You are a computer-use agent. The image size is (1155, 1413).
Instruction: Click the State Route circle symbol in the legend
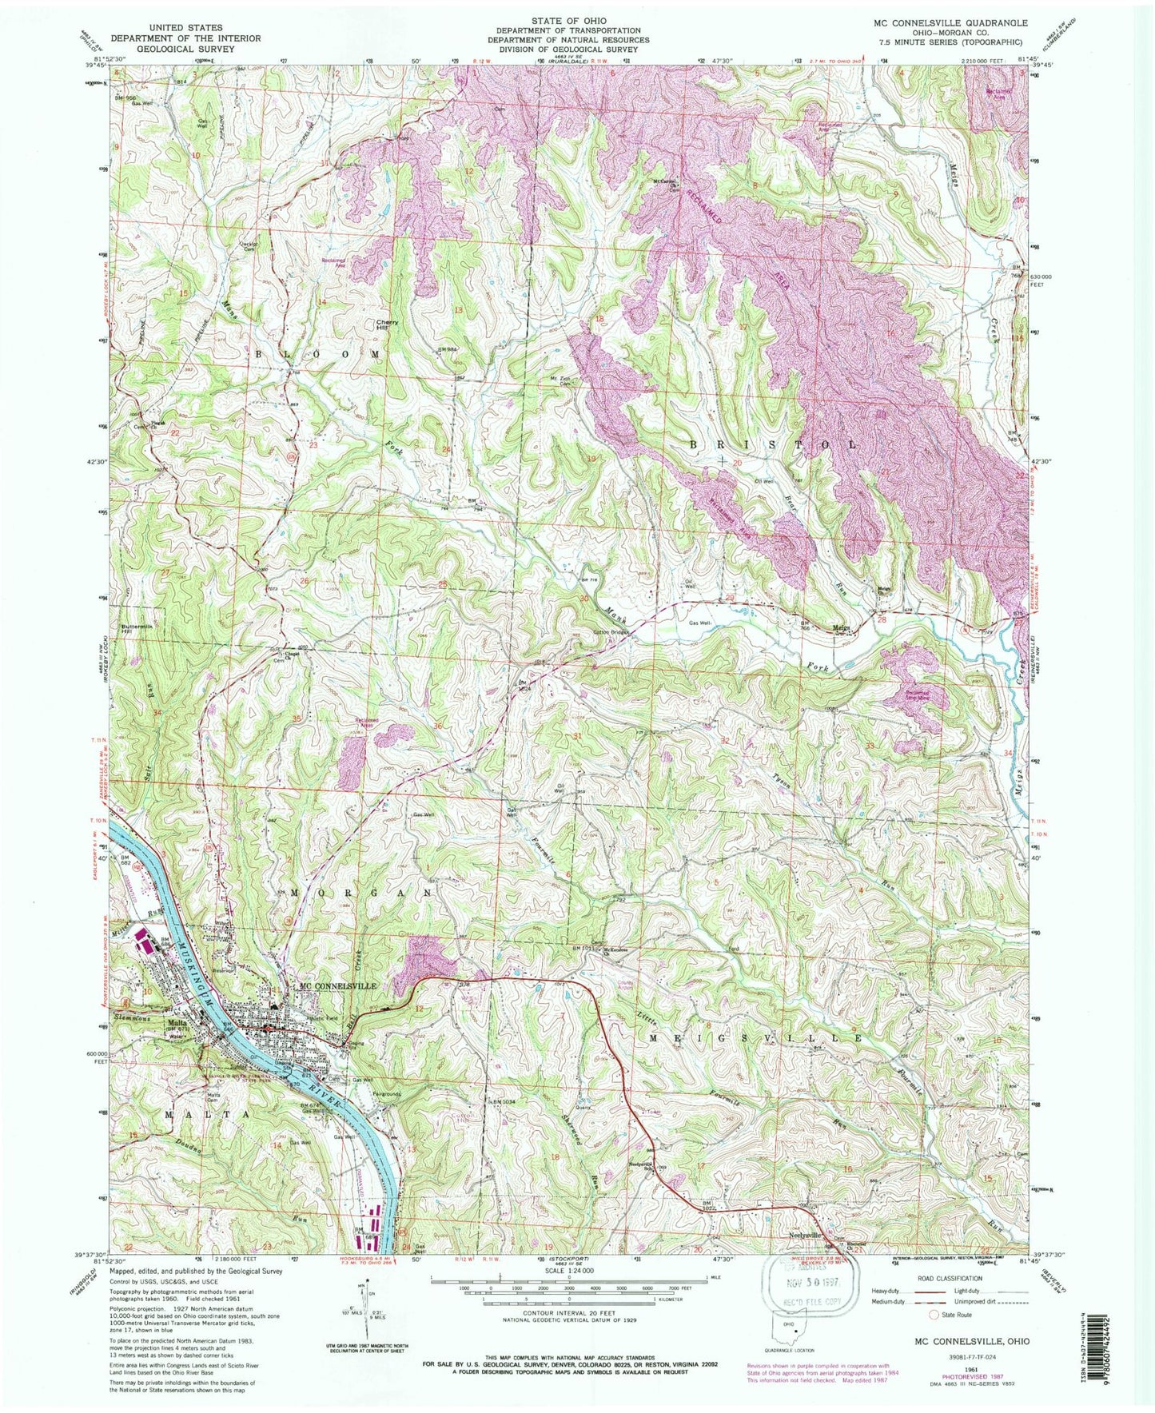932,1313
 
